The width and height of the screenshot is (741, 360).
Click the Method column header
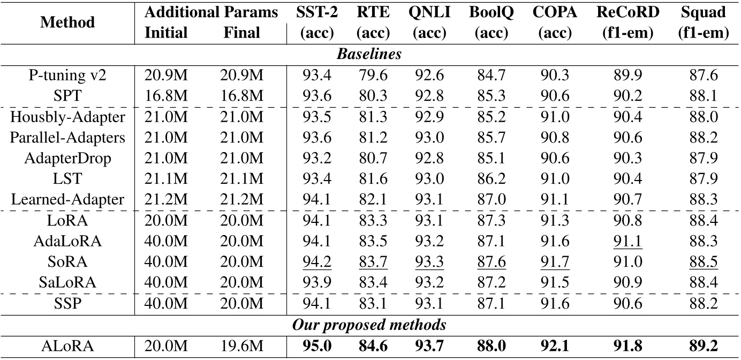pos(67,22)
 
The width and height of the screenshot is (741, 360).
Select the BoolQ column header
pos(491,13)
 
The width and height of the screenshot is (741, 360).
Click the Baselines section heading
pos(369,54)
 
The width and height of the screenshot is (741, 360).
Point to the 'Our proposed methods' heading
pos(369,325)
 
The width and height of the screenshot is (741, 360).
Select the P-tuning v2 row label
pos(67,76)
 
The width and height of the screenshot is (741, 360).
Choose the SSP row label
pos(67,303)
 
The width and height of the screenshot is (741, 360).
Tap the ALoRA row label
pos(67,346)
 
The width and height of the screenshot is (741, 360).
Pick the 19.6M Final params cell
pos(241,346)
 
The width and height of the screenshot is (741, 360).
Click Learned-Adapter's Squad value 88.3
pos(704,200)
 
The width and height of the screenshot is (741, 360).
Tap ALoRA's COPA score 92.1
pos(555,346)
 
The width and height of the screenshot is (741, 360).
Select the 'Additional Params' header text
pos(211,13)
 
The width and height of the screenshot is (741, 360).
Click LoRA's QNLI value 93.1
pos(429,221)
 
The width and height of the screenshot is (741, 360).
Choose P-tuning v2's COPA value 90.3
pos(555,76)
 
